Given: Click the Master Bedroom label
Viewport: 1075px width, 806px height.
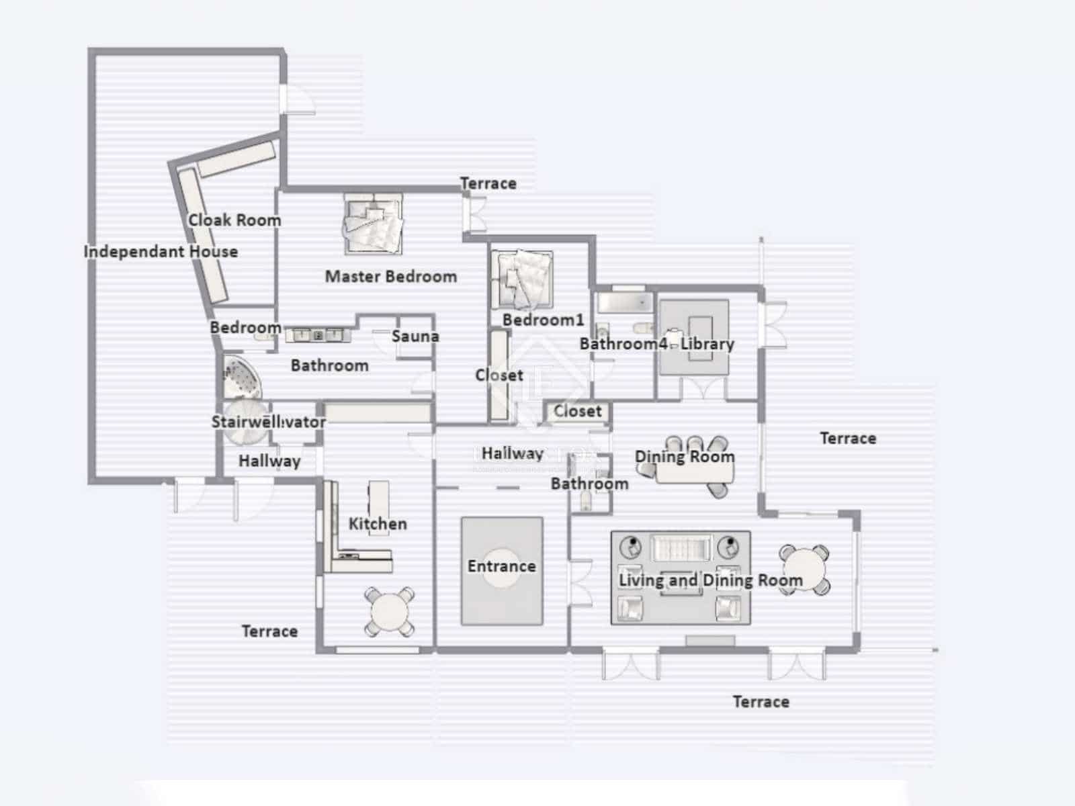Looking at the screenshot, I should [x=390, y=276].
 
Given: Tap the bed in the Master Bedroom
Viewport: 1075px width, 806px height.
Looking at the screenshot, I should [x=373, y=224].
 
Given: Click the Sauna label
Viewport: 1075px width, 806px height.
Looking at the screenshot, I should [x=415, y=337].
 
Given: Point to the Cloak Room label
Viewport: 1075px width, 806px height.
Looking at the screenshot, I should [x=234, y=220].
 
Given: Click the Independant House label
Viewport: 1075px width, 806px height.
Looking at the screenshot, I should [x=161, y=252].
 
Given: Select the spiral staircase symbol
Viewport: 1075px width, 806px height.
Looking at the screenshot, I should [x=243, y=421].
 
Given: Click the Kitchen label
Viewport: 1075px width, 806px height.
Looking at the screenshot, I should [x=378, y=524].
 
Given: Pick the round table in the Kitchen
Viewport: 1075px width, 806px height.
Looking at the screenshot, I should [x=390, y=611].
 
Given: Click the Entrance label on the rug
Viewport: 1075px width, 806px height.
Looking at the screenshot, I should [x=502, y=566].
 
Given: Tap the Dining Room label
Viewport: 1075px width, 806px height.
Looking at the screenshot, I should [x=685, y=457].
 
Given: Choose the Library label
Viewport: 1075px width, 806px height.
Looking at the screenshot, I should [x=707, y=344].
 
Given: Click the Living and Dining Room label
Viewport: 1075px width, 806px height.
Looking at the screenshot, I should [x=710, y=580].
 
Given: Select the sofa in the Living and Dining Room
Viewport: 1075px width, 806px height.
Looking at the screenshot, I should [x=681, y=548].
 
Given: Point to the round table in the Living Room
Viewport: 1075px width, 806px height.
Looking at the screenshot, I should [x=804, y=570].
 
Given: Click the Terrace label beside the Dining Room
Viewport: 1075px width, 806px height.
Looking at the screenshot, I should [x=848, y=439].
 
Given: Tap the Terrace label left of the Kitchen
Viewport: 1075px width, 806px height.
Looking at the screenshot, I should [x=269, y=631].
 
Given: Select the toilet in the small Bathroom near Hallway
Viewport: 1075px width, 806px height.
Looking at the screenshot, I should [x=587, y=500].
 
